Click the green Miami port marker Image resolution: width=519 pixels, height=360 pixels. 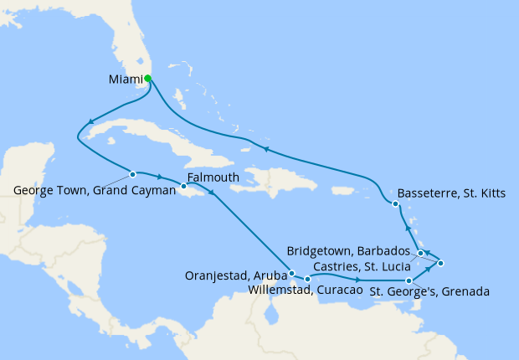pyautogui.click(x=147, y=79)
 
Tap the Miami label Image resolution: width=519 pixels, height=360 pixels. pyautogui.click(x=126, y=80)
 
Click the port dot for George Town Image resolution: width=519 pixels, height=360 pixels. pyautogui.click(x=132, y=174)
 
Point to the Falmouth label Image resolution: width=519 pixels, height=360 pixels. pyautogui.click(x=213, y=177)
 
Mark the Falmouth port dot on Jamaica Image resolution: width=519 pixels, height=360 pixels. pyautogui.click(x=184, y=185)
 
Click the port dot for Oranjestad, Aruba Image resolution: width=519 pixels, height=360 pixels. pyautogui.click(x=290, y=273)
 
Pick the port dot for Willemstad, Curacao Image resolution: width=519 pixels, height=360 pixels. pyautogui.click(x=308, y=279)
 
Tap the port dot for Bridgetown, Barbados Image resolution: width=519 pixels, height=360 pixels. pyautogui.click(x=440, y=264)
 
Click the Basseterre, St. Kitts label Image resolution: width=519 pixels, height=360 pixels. pyautogui.click(x=452, y=193)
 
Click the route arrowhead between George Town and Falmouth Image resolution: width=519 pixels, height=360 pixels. pyautogui.click(x=160, y=177)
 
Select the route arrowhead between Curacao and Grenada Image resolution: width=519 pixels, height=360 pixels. pyautogui.click(x=358, y=280)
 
